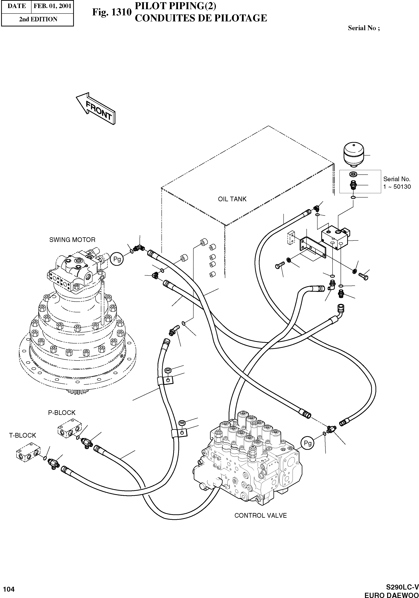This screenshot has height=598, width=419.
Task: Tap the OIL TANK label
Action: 232,199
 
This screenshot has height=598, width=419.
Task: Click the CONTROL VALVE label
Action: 260,515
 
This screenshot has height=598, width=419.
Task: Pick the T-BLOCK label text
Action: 23,435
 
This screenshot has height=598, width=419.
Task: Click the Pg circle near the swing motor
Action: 117,259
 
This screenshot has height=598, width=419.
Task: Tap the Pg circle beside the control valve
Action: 308,443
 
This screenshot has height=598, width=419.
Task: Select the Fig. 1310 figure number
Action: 112,12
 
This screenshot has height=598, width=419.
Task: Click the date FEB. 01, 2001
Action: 52,6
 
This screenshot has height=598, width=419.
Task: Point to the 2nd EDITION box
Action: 38,19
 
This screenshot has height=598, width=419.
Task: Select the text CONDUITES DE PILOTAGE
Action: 201,18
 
